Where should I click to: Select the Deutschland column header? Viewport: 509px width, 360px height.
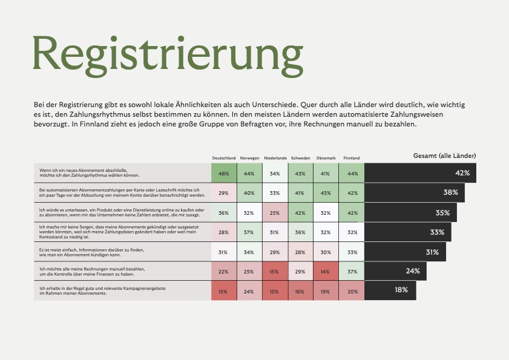pos(223,159)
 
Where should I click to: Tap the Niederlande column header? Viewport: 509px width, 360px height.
pos(275,159)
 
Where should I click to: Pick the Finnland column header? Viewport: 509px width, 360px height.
pos(351,159)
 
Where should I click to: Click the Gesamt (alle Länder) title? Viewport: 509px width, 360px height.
pos(444,155)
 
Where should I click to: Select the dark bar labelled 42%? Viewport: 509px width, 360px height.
pos(421,173)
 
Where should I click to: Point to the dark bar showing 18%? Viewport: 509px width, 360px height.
pos(390,290)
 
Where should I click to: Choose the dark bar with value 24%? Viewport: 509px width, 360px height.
pos(395,271)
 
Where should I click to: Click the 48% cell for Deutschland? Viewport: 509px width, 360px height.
pos(223,174)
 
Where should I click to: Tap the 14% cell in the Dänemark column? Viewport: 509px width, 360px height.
pos(326,272)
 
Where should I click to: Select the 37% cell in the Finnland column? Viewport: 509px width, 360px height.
pos(351,272)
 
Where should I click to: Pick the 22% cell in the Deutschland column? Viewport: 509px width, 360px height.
pos(223,272)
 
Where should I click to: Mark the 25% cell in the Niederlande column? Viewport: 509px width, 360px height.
pos(275,213)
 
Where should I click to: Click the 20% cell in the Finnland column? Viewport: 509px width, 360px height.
pos(351,291)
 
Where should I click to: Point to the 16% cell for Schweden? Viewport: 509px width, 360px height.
pos(300,291)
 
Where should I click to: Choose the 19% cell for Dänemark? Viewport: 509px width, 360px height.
pos(326,291)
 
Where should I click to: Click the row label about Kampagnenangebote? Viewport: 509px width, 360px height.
pos(103,291)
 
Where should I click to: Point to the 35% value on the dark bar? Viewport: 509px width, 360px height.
pos(442,213)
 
